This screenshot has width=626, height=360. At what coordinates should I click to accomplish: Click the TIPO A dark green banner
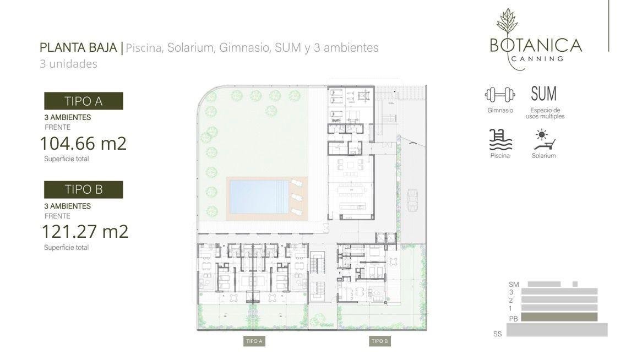tap(84, 101)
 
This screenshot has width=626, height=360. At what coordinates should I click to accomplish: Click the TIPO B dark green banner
tap(84, 189)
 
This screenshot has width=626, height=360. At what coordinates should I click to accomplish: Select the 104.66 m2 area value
tap(84, 143)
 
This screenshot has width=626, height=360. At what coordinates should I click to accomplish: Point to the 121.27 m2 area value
tap(85, 232)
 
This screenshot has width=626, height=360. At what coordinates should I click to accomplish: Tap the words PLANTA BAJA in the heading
tap(78, 47)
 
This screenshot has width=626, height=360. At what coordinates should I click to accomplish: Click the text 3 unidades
tap(68, 64)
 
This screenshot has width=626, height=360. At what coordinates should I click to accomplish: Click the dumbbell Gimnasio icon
tap(500, 95)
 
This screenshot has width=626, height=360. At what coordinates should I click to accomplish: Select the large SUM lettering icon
tap(543, 94)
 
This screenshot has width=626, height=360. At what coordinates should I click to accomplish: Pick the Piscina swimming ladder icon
tap(500, 140)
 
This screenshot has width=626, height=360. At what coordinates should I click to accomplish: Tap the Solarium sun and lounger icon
tap(545, 140)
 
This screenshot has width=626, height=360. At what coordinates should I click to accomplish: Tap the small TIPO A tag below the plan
tap(254, 341)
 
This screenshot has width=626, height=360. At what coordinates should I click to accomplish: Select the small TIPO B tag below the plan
tap(380, 341)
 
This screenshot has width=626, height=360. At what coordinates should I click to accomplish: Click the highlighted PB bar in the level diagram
tap(559, 317)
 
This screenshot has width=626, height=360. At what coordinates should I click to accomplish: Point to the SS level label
tap(498, 334)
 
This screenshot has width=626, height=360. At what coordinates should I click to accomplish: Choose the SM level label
tap(514, 285)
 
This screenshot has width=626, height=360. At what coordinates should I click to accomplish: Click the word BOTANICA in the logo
tap(536, 46)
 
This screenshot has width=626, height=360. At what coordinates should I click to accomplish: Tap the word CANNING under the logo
tap(537, 59)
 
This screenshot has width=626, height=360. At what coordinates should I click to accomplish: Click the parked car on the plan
tap(412, 200)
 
